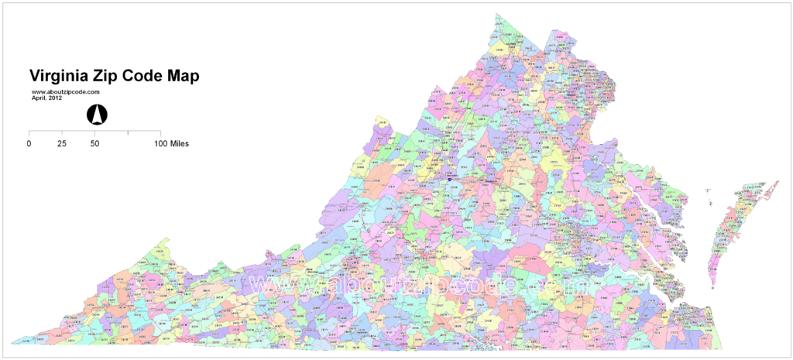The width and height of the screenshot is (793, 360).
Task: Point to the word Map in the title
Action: (x=185, y=77)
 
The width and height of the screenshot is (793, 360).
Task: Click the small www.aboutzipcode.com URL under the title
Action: (x=65, y=92)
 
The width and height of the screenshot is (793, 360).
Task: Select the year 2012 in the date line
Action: (x=53, y=98)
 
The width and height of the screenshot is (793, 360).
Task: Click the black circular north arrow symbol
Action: (x=97, y=115)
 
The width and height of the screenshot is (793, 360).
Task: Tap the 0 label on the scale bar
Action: (x=29, y=144)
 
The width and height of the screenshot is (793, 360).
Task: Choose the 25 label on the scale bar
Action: (x=62, y=144)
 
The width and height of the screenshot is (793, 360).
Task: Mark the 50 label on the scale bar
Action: (x=94, y=144)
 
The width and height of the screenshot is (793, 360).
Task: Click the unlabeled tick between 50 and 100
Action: (x=128, y=134)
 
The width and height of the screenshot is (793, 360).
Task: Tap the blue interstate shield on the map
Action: (x=450, y=179)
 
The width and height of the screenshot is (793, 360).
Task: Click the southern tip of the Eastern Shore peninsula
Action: (x=711, y=287)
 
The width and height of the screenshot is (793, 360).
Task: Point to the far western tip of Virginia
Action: (x=14, y=341)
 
